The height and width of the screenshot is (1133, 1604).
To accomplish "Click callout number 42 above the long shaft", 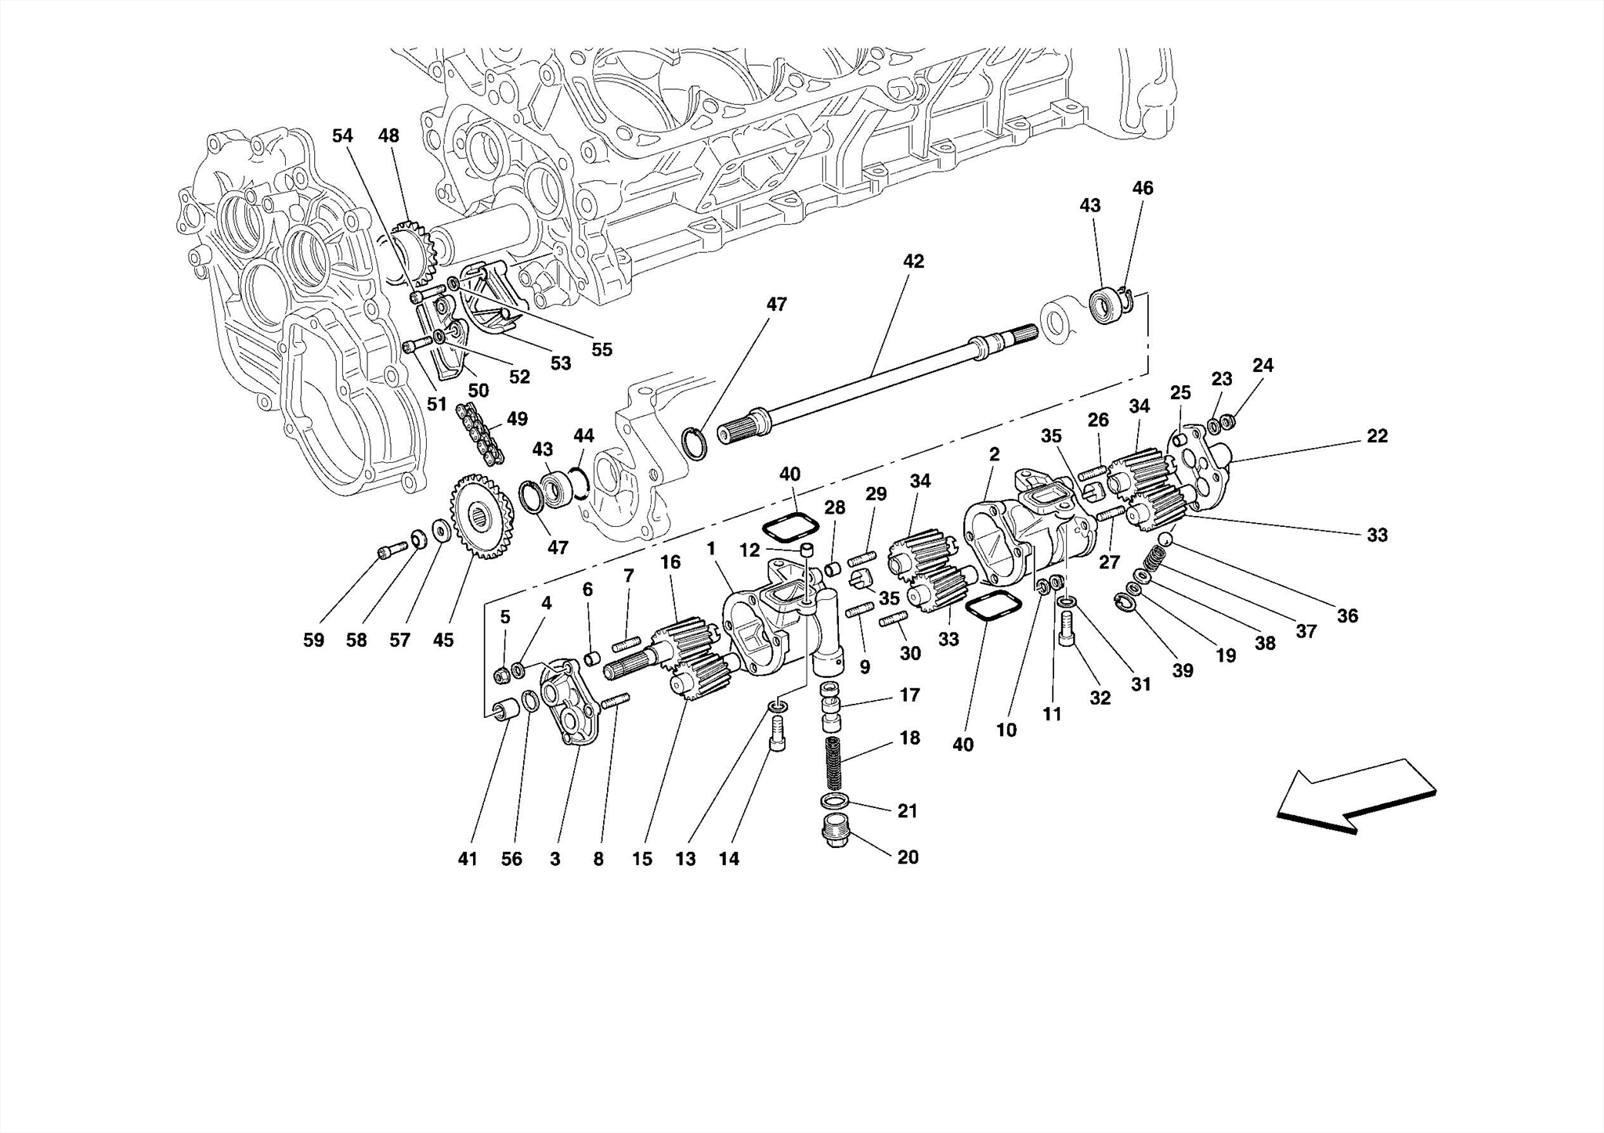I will tap(913, 262).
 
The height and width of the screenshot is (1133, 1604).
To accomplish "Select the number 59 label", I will tap(313, 640).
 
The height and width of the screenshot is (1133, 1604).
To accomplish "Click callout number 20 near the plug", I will tap(908, 857).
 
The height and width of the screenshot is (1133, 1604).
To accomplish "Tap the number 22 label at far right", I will tap(1377, 436).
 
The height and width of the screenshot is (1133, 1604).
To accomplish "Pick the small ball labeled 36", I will tap(1165, 539).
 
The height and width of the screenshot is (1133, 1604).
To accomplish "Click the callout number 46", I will tap(1143, 188).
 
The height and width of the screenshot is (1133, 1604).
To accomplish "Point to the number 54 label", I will tap(342, 136).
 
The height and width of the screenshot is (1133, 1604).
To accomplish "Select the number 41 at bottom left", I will tap(468, 859).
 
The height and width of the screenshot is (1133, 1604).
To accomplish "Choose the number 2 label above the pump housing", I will tap(994, 454).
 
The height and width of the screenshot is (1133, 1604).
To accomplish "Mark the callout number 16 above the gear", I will tap(670, 562).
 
